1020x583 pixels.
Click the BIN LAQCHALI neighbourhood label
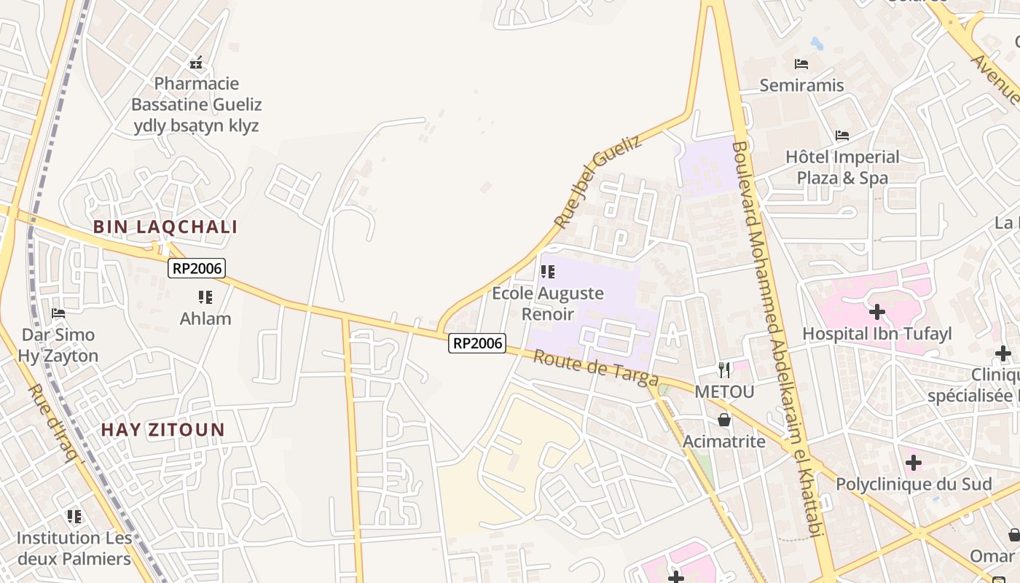pos(165,227)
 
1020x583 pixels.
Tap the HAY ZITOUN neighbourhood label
pos(163,430)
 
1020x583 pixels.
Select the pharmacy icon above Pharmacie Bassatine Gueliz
pos(196,63)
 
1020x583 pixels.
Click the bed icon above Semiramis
pos(801,64)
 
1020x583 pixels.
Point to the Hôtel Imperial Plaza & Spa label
pos(842,168)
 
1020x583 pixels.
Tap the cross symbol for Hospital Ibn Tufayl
pos(877,313)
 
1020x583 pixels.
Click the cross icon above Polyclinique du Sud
pos(914,463)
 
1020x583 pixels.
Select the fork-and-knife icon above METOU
pos(724,370)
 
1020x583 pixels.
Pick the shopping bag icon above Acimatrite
pos(724,420)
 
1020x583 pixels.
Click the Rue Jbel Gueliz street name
pos(598,181)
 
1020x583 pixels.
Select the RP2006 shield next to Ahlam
pos(197,268)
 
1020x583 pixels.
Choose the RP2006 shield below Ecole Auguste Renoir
pos(477,343)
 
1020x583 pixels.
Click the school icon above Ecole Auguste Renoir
pos(548,272)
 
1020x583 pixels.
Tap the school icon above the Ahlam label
pos(205,297)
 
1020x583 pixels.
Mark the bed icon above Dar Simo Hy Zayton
pos(58,313)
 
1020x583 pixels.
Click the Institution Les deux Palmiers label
pos(74,549)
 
